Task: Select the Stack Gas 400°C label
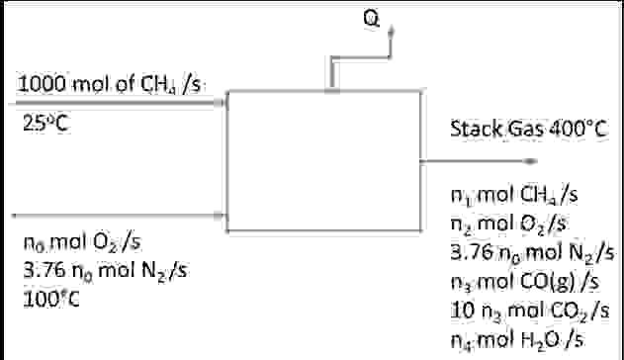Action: (x=525, y=129)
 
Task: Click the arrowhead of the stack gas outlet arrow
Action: (x=534, y=160)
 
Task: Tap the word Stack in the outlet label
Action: (x=472, y=129)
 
